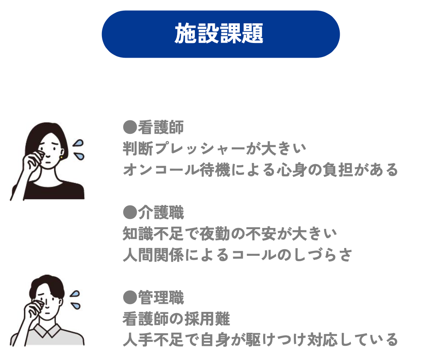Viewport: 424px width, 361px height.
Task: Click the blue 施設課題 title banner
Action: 221,34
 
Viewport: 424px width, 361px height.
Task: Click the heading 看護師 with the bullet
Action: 153,127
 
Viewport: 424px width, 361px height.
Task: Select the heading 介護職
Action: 153,212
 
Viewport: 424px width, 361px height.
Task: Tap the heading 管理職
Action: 153,298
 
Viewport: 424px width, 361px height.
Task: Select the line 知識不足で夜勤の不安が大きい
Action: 230,234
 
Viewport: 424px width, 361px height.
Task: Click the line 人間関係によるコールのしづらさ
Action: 237,255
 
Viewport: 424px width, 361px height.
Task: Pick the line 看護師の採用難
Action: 176,319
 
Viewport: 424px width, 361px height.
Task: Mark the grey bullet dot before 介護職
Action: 129,213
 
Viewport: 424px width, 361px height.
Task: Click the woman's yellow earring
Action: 61,157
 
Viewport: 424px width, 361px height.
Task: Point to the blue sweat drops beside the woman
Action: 78,149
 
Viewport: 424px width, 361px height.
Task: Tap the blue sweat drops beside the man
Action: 75,300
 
